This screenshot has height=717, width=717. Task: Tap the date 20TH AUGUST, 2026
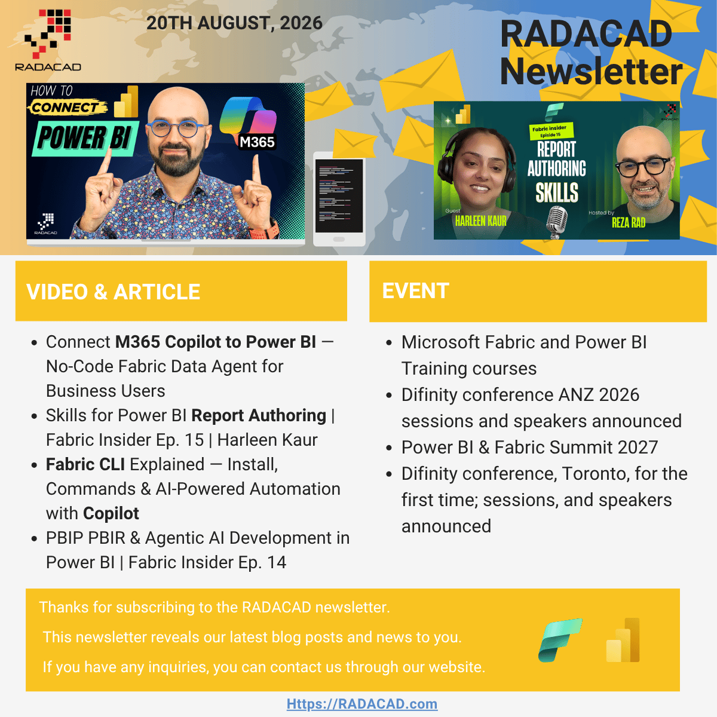point(234,23)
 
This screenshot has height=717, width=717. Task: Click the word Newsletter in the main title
point(592,71)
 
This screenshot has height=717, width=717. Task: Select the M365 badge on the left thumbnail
point(257,142)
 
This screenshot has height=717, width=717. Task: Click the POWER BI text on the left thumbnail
point(84,138)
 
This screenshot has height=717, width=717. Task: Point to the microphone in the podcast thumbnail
point(557,222)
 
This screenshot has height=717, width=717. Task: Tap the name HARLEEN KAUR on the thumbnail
point(481,222)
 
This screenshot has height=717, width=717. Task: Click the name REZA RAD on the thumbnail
point(629,223)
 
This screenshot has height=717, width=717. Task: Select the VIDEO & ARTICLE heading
point(113,292)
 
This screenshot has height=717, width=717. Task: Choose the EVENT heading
point(416,290)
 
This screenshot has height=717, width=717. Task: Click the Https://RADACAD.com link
point(362,704)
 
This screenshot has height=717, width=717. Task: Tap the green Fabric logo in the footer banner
point(560,640)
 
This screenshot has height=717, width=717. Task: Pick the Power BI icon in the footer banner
point(623,640)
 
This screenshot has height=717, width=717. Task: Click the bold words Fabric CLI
point(85,464)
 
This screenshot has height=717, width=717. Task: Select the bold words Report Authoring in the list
point(259,415)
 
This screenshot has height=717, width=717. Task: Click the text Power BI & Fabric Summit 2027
point(529,448)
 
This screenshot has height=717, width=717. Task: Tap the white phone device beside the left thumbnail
point(339,199)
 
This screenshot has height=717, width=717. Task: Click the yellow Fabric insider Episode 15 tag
point(551,131)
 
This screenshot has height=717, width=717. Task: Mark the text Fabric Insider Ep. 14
point(207,562)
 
